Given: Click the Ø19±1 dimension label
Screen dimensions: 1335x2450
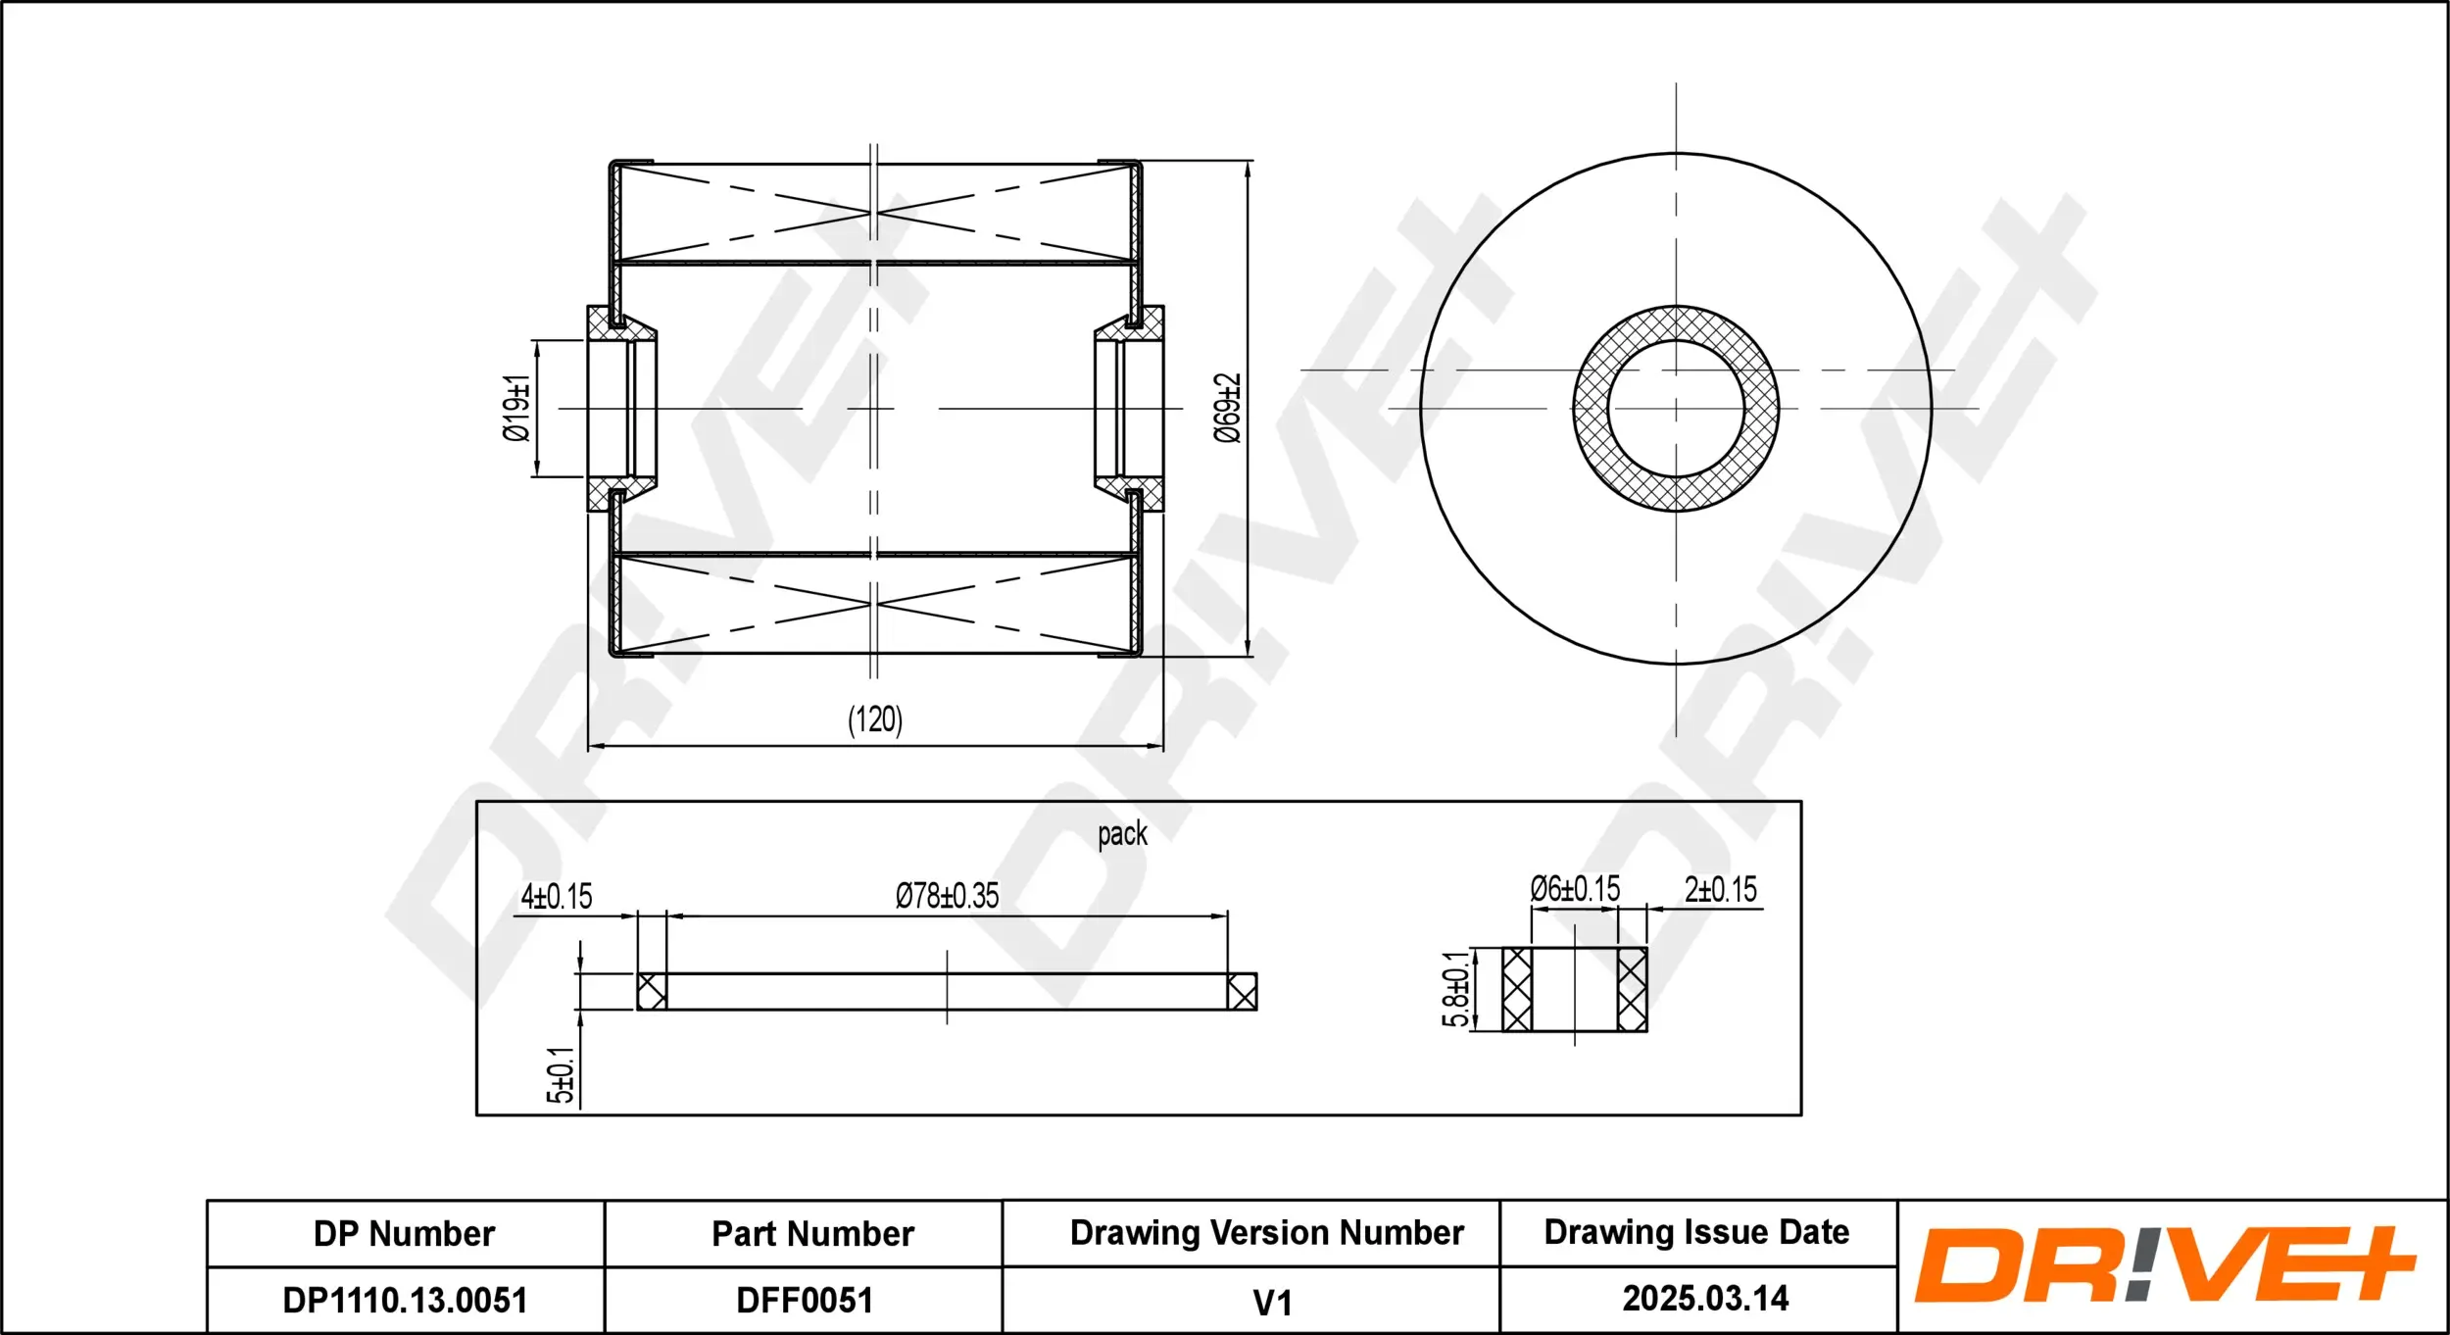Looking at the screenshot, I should [x=516, y=408].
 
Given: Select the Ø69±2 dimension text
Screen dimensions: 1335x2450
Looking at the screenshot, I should [x=1227, y=408].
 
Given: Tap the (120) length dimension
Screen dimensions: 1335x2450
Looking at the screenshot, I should [x=874, y=719].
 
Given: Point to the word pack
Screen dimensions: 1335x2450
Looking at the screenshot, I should [x=1122, y=834].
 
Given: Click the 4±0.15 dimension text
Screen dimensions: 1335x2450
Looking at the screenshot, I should [x=557, y=896].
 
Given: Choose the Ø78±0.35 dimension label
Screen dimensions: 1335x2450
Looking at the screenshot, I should [x=947, y=895].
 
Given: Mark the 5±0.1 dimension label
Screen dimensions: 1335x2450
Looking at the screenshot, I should [x=561, y=1075].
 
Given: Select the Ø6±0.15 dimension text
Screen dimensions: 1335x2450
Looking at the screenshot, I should [x=1575, y=889].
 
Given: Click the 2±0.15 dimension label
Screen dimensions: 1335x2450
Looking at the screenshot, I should [x=1720, y=889].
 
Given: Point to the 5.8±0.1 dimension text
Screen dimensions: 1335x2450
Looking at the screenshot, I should [x=1455, y=989].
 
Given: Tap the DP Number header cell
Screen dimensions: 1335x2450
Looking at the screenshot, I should [x=404, y=1234].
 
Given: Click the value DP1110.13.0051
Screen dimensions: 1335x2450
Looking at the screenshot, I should [x=405, y=1301].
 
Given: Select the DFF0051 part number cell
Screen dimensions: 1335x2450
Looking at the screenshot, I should [x=804, y=1301].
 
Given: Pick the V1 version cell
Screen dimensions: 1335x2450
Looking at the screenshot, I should [x=1272, y=1303].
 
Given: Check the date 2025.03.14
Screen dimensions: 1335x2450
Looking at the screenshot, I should [x=1705, y=1299].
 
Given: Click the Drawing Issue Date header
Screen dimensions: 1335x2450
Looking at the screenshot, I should [x=1696, y=1232].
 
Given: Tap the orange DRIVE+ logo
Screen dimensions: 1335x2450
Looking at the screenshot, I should [x=2164, y=1265].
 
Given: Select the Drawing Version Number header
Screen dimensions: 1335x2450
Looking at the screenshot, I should [x=1266, y=1233].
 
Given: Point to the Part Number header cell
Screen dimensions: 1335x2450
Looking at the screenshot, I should [x=812, y=1234].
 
